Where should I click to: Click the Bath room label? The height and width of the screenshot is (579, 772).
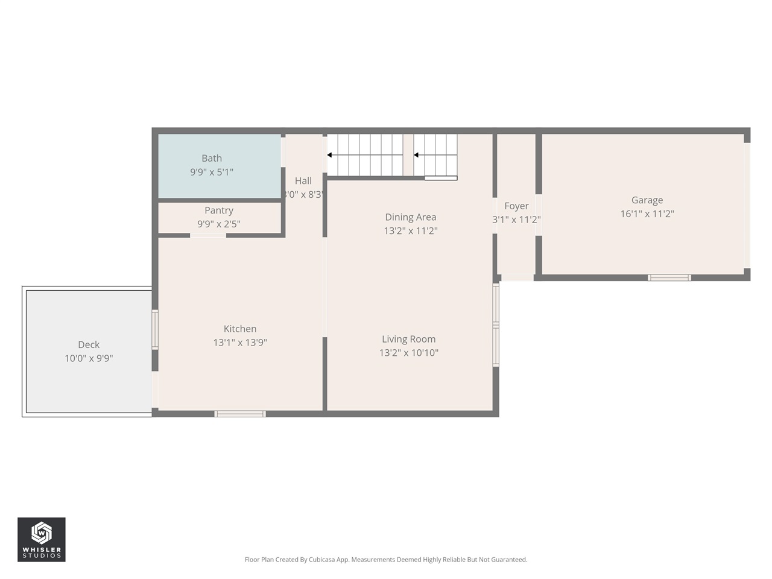click(x=211, y=158)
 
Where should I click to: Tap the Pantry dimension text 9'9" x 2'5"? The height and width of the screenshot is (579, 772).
click(x=218, y=224)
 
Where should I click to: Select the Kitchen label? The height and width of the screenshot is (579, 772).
click(x=239, y=329)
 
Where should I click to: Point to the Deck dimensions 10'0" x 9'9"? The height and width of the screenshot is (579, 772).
click(x=89, y=358)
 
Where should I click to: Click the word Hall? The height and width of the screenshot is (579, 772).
click(x=303, y=181)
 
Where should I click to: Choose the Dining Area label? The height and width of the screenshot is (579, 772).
click(x=410, y=217)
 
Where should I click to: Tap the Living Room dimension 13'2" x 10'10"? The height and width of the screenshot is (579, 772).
click(x=408, y=353)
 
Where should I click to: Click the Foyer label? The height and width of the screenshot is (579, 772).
click(x=516, y=206)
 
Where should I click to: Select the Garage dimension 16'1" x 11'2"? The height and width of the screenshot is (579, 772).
click(x=647, y=214)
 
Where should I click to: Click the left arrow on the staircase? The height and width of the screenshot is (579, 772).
click(x=330, y=155)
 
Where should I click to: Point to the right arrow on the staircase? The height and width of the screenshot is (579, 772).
click(x=416, y=155)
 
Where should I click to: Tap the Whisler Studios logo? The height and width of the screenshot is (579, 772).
click(x=41, y=539)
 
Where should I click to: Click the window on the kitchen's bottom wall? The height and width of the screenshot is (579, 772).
click(x=239, y=414)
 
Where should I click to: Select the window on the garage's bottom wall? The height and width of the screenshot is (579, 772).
click(x=669, y=277)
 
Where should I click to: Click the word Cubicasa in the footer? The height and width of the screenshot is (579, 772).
click(x=323, y=560)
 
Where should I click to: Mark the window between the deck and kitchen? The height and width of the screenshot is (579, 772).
click(x=155, y=329)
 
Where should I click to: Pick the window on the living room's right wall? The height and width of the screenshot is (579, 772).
click(x=496, y=325)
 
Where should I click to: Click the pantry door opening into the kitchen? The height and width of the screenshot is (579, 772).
click(x=208, y=235)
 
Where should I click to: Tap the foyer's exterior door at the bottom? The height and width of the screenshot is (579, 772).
click(x=517, y=277)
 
